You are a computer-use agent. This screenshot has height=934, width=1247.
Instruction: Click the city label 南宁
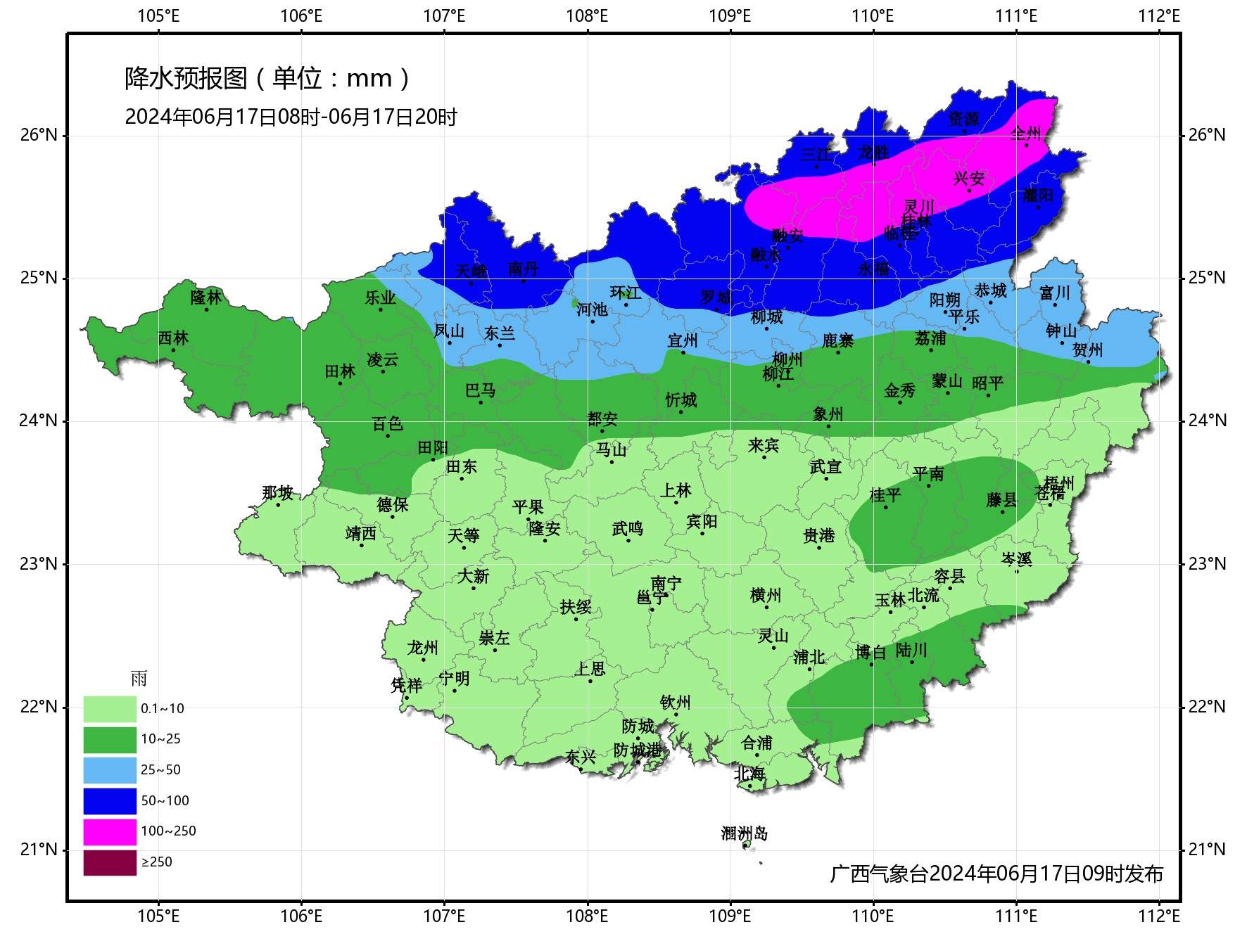[666, 584]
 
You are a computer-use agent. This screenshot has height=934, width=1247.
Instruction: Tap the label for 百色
[387, 423]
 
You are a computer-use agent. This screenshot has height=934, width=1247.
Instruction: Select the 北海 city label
[749, 774]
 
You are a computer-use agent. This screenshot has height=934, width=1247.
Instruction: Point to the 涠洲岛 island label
[744, 833]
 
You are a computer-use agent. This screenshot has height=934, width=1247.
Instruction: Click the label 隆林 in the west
[206, 298]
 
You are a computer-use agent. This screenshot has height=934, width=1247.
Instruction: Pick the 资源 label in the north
[963, 119]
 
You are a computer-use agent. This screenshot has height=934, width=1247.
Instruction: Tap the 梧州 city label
[1058, 483]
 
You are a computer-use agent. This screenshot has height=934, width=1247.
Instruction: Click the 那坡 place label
[277, 492]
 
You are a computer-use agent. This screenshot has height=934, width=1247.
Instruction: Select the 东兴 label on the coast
[580, 757]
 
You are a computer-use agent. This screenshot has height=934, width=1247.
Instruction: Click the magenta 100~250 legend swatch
[110, 831]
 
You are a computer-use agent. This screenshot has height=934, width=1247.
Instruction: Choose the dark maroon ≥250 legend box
[110, 862]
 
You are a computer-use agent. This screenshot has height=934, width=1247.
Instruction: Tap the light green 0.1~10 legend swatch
[110, 709]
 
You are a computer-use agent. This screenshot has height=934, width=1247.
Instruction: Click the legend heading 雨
[139, 679]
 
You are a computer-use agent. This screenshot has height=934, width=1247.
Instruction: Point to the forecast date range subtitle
[291, 117]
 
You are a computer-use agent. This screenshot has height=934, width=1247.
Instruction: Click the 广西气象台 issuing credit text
[996, 874]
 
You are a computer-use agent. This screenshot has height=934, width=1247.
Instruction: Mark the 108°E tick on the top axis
[587, 15]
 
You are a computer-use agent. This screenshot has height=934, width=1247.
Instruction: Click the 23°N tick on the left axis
[38, 564]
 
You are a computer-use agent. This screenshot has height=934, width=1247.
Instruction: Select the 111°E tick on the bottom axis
[1016, 916]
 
